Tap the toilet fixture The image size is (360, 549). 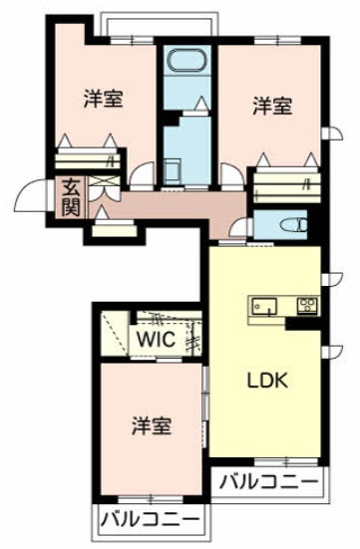[x=295, y=225]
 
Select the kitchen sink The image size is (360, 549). [x=264, y=307]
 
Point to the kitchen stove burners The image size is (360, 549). [x=308, y=305]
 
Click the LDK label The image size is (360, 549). [x=268, y=381]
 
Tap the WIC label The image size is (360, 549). [x=157, y=339]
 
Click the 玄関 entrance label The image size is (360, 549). [x=71, y=198]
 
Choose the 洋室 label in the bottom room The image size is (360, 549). [x=152, y=425]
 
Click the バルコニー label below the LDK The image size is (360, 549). [x=269, y=482]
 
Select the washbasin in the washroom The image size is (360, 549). [x=172, y=170]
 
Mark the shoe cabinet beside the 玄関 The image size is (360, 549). [x=115, y=229]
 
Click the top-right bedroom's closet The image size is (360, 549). [x=287, y=184]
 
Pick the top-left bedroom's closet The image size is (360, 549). [x=88, y=159]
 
